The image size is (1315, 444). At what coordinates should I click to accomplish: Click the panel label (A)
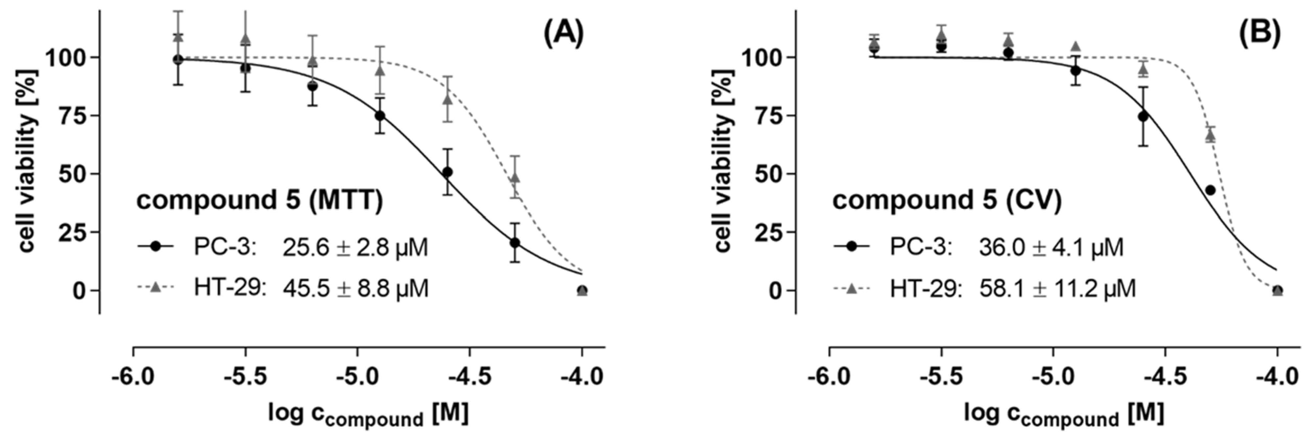563,35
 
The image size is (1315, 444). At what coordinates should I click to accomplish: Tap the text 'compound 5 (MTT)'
259,200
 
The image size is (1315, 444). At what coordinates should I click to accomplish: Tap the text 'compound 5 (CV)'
947,200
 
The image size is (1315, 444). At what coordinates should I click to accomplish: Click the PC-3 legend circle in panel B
852,246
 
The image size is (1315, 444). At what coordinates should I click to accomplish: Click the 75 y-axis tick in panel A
73,115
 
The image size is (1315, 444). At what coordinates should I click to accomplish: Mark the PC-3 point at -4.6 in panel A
447,172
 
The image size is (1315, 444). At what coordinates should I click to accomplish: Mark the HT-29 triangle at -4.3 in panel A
515,178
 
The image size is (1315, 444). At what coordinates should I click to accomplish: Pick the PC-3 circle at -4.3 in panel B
1210,190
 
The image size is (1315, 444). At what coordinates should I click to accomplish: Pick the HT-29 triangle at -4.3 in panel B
1210,136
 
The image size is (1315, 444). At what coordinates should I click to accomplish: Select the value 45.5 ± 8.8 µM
356,289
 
